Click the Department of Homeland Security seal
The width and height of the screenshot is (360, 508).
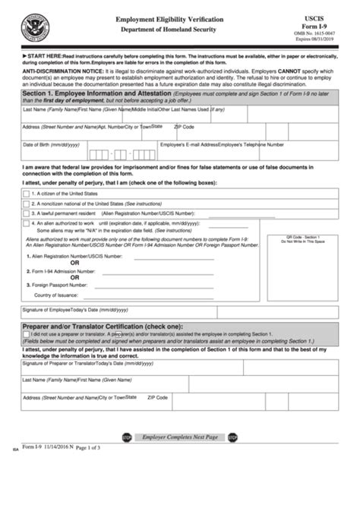point(33,24)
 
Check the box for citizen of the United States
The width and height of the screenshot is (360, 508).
point(27,194)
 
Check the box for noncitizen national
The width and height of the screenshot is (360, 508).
point(27,204)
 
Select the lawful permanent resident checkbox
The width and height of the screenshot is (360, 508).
point(27,214)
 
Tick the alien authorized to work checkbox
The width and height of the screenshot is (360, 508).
point(27,225)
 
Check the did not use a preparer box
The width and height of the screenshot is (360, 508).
point(27,333)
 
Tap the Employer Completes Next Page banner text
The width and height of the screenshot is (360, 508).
point(179,438)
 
